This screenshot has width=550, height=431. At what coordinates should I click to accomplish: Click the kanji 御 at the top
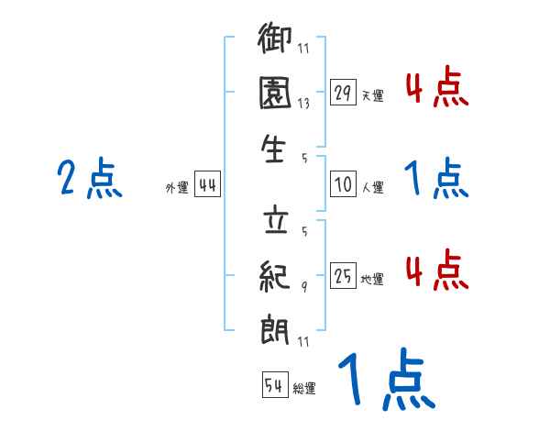click(x=276, y=41)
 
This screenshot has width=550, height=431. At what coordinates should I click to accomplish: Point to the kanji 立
click(x=276, y=220)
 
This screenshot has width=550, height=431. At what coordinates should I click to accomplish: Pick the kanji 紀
click(x=276, y=272)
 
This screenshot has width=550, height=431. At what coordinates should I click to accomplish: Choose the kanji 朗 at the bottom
click(x=276, y=326)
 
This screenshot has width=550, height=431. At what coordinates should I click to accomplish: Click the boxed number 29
click(x=343, y=93)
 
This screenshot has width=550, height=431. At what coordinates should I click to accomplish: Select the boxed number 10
click(x=343, y=183)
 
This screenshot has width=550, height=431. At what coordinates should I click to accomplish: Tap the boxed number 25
click(x=343, y=274)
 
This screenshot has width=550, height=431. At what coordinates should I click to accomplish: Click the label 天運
click(x=372, y=95)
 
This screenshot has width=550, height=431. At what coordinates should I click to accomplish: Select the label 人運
click(x=372, y=187)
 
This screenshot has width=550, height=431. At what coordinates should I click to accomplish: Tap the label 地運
click(x=372, y=278)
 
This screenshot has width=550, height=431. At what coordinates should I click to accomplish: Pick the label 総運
click(x=304, y=389)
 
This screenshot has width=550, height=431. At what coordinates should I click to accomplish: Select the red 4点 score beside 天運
click(x=434, y=88)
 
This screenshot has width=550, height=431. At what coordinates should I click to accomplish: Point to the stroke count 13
click(x=303, y=104)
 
